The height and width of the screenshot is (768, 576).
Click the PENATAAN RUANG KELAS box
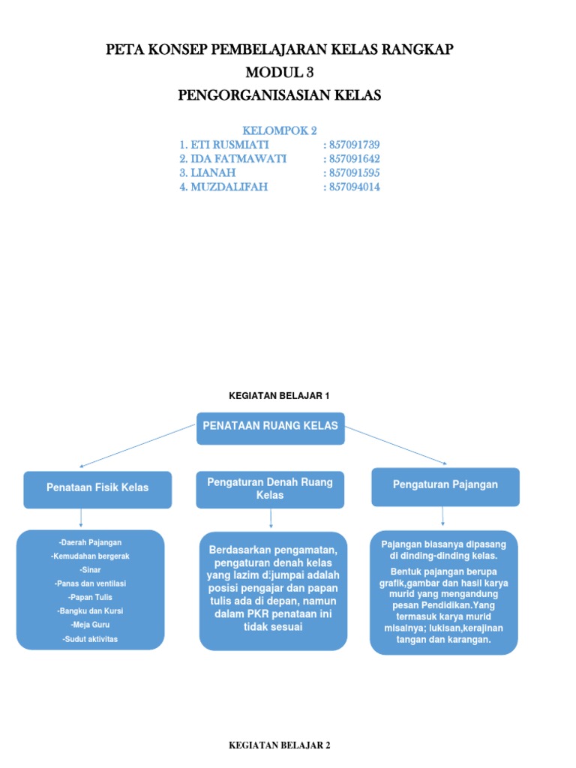(270, 428)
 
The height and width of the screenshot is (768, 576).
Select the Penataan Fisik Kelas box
(97, 488)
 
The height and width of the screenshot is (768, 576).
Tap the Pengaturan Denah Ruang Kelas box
(270, 487)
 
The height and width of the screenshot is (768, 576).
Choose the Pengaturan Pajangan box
(445, 486)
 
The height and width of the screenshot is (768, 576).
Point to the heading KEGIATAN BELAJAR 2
(279, 745)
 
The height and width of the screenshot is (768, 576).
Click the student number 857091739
(352, 145)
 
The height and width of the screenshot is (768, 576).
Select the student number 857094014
(352, 187)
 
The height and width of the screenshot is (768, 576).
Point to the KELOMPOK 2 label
(280, 130)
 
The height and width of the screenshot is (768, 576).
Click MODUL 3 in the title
(280, 73)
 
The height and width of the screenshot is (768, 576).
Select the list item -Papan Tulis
(89, 597)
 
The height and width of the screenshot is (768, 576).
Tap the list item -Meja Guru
(89, 625)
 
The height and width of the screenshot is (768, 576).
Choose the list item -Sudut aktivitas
(90, 639)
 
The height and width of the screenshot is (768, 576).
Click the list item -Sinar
(89, 569)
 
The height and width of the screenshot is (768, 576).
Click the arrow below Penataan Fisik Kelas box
(81, 517)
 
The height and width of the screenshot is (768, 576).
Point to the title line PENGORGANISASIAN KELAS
(280, 95)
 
